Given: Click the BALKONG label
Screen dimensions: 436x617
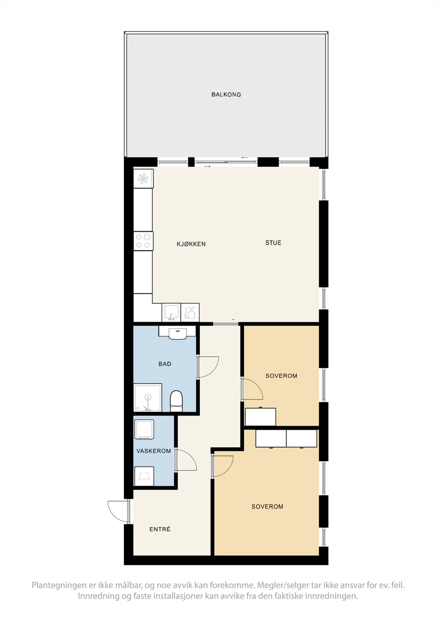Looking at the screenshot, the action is point(226,94).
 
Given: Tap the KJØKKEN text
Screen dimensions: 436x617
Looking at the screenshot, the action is point(191,244).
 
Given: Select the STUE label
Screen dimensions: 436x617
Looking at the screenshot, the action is point(273,243).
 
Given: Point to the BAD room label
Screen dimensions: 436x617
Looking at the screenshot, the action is point(165,364).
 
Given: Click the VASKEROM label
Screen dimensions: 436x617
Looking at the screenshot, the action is point(154,451).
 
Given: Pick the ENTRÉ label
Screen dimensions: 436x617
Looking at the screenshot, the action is point(160,529).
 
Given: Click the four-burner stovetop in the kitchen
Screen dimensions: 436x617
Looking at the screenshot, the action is point(143,241).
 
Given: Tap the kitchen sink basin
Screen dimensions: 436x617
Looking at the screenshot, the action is point(171,312).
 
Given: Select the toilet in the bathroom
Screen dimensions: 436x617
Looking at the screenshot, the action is point(176,401).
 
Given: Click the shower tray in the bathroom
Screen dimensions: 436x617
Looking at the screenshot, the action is point(148,398).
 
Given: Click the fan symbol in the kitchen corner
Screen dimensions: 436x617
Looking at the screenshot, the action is point(143,179).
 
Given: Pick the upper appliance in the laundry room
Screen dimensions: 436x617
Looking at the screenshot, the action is point(144,429).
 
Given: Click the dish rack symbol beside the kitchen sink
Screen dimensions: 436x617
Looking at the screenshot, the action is point(190,312).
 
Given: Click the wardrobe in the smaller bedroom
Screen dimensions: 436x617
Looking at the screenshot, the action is point(260,417).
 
